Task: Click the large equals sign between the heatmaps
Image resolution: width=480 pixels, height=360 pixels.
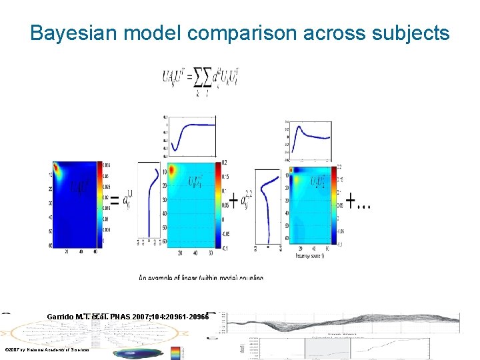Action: pos(115,200)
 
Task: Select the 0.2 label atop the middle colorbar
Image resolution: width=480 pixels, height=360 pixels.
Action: pos(225,163)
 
